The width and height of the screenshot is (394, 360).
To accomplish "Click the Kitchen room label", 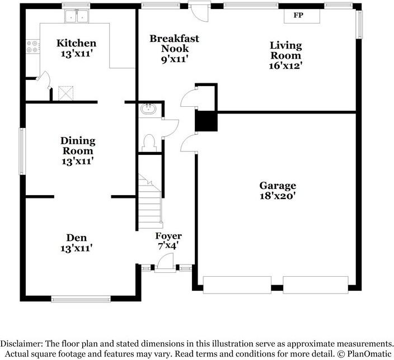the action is (76, 43).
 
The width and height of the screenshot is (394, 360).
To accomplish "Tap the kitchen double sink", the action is (76, 17).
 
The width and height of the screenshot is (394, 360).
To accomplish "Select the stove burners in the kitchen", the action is (33, 46).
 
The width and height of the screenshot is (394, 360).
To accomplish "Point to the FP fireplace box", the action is (302, 16).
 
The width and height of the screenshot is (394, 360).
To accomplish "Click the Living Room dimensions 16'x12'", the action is (285, 65).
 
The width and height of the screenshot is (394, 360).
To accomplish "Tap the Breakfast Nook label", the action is (175, 44).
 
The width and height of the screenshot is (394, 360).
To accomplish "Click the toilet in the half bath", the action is (149, 143).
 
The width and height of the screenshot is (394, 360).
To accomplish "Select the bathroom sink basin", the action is (148, 109).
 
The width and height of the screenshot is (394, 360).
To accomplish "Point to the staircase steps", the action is (149, 202).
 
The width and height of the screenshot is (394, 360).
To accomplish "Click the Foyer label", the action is (168, 236).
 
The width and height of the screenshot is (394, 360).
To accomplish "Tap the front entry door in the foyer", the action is (165, 263).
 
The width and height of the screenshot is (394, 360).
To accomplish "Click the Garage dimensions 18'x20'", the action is (277, 196).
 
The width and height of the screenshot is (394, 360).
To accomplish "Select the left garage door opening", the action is (237, 285).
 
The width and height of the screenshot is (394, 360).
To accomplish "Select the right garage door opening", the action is (316, 285).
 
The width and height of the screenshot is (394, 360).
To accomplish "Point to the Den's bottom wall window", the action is (81, 299).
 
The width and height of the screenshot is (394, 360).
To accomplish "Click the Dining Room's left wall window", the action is (22, 151).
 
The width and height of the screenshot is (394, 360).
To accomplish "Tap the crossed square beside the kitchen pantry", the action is (66, 93).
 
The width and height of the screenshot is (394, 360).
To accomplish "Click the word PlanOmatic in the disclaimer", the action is (369, 354).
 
